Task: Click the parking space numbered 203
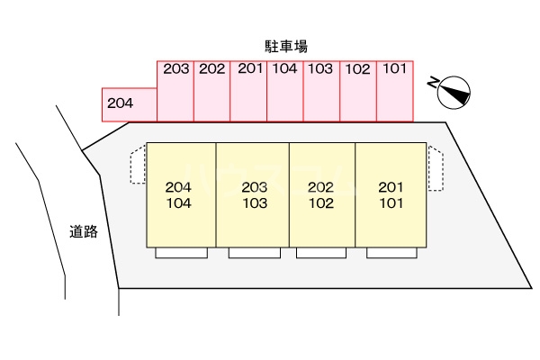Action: point(175,90)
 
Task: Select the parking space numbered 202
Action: point(211,90)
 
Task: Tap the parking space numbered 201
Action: point(248,90)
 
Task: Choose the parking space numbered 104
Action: point(285,90)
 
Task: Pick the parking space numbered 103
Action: point(321,90)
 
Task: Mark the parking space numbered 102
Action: point(358,90)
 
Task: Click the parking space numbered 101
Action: point(394,90)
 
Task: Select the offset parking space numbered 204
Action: point(130,104)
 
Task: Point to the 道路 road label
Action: point(84,231)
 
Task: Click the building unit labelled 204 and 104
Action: point(181,194)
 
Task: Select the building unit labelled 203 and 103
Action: point(253,194)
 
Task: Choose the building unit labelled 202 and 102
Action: point(322,194)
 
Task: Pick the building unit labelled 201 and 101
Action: point(391,194)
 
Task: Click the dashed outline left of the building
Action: point(138,166)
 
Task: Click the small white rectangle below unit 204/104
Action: point(182,253)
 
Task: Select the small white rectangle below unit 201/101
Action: point(391,253)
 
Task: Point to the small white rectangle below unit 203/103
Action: point(253,253)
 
